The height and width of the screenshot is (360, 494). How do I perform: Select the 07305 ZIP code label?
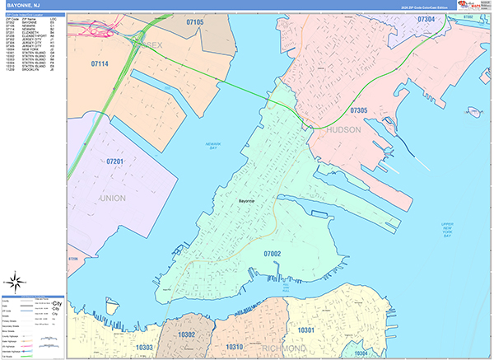pyautogui.click(x=359, y=110)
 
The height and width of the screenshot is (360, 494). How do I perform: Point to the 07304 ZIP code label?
pyautogui.click(x=426, y=18)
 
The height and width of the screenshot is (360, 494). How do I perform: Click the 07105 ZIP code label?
pyautogui.click(x=194, y=22)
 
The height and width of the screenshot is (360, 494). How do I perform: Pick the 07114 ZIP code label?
pyautogui.click(x=100, y=63)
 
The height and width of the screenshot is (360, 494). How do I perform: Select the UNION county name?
pyautogui.click(x=113, y=199)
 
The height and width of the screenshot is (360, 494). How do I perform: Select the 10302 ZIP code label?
pyautogui.click(x=187, y=335)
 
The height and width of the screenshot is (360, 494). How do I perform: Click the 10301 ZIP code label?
pyautogui.click(x=307, y=330)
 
